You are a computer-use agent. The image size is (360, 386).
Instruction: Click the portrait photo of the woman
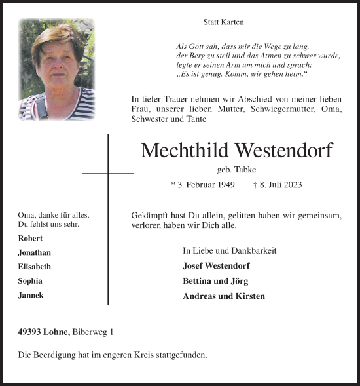pos(57,69)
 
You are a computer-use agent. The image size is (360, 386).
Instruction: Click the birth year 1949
pos(223,185)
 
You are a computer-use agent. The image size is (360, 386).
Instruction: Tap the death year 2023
pos(291,185)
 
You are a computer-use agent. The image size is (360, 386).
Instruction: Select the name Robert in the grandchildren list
pos(31,238)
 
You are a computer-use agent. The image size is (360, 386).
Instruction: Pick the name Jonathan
pos(35,252)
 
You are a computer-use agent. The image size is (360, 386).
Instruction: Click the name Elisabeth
pos(35,267)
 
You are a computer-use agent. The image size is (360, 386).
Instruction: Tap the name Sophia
pos(31,281)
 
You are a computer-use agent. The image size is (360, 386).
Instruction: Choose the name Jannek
pos(31,296)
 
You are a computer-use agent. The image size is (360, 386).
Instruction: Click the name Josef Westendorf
pos(216,265)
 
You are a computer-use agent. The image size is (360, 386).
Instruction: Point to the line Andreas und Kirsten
pos(224,296)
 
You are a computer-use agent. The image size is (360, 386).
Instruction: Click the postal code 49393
pos(30,332)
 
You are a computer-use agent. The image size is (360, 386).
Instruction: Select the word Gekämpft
pos(151,215)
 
